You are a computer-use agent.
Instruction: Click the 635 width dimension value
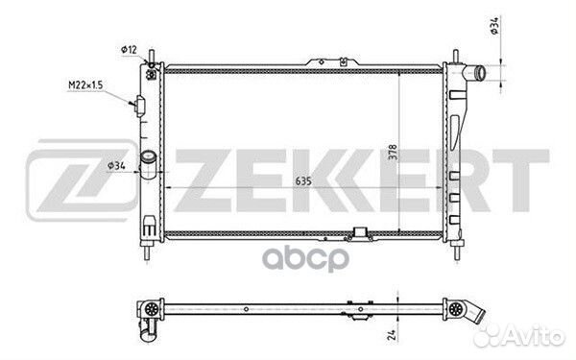[x=303, y=181]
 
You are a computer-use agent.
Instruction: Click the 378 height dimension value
[x=393, y=152]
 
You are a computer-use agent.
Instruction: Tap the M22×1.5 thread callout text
[x=85, y=85]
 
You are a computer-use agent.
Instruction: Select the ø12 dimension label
[x=129, y=50]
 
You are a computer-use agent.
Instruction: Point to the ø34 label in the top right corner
[x=494, y=26]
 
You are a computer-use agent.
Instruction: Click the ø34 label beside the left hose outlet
[x=116, y=166]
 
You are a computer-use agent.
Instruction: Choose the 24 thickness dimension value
[x=392, y=335]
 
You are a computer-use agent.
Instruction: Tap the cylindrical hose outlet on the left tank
[x=149, y=164]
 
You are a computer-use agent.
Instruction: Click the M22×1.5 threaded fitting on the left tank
[x=139, y=106]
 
